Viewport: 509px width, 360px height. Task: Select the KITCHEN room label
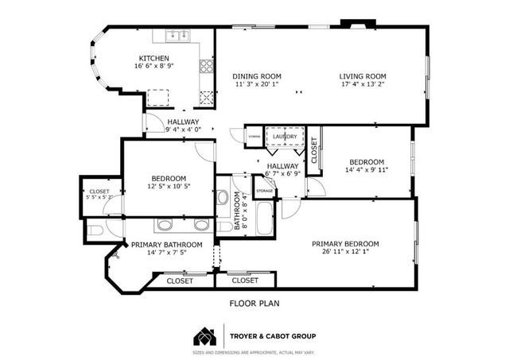click(153, 58)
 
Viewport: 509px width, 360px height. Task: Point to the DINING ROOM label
click(257, 76)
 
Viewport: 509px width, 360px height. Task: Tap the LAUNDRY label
click(284, 137)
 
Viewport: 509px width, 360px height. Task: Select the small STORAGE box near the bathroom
click(264, 191)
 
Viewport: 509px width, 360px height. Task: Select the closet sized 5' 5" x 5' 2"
click(99, 195)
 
